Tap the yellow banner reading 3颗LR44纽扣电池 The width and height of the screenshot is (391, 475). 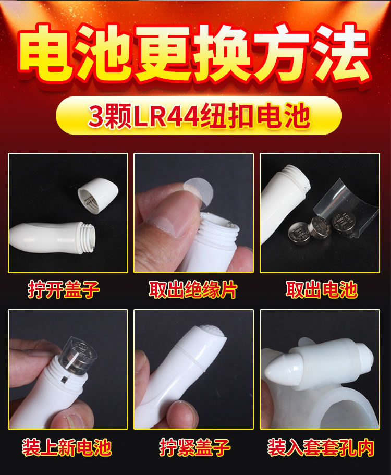tap(199, 115)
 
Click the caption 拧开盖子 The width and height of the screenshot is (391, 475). tap(64, 289)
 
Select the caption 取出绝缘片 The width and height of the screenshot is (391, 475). tap(193, 289)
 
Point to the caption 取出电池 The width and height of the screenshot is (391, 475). tap(321, 289)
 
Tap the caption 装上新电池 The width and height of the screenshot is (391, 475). tap(67, 447)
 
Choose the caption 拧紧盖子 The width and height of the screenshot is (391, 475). tap(195, 447)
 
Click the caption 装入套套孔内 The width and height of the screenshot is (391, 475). tap(321, 447)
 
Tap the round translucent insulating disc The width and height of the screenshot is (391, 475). tap(199, 192)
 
